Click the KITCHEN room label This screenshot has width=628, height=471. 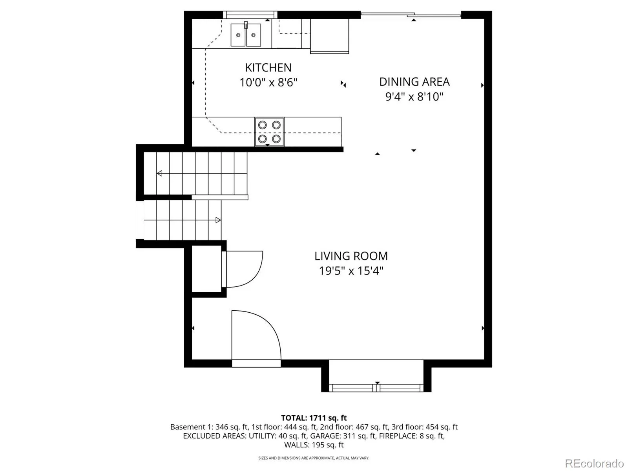pos(268,68)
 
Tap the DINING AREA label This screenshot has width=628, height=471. pos(414,82)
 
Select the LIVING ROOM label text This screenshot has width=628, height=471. pos(351,256)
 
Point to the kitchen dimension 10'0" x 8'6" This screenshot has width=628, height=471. pos(268,82)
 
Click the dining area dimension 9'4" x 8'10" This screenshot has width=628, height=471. pos(414,97)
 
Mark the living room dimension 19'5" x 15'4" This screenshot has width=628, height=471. pos(351,271)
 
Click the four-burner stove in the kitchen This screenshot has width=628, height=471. pos(269,132)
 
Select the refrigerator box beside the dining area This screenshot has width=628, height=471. pos(330,36)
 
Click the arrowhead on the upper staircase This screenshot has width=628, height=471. pos(159,173)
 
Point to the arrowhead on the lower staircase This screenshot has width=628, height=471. pos(218,220)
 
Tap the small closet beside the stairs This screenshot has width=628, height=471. pos(206,269)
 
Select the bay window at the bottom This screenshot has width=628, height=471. pos(376,388)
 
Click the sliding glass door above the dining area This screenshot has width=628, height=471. pos(411,15)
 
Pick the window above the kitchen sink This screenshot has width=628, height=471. pos(250,15)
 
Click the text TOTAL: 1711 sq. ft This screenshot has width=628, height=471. pos(314,418)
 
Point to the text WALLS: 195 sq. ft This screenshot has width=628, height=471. pos(314,445)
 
